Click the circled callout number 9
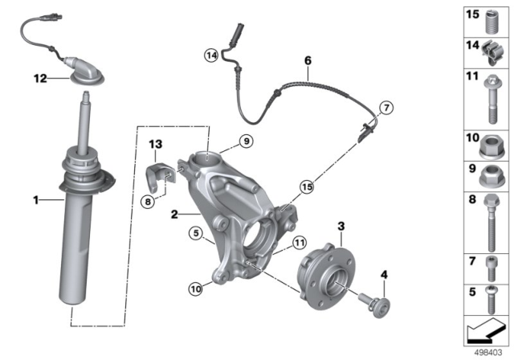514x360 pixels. click(247, 142)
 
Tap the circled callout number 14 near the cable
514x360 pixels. click(210, 55)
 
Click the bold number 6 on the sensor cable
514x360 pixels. click(307, 59)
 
